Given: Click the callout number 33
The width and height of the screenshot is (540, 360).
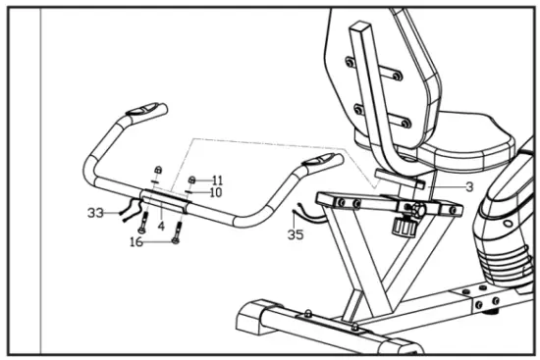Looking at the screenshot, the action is coord(95,212).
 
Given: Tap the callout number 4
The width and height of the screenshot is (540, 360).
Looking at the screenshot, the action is coord(161,225).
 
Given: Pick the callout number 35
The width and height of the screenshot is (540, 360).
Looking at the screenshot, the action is coord(296,234).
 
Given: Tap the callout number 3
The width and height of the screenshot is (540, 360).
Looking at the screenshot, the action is coord(469,186).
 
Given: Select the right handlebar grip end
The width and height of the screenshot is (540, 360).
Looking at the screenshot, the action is coord(323,158).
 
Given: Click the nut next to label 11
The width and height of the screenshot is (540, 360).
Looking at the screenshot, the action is coord(193,180).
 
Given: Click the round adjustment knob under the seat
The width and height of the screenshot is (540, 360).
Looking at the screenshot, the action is coord(404,228).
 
